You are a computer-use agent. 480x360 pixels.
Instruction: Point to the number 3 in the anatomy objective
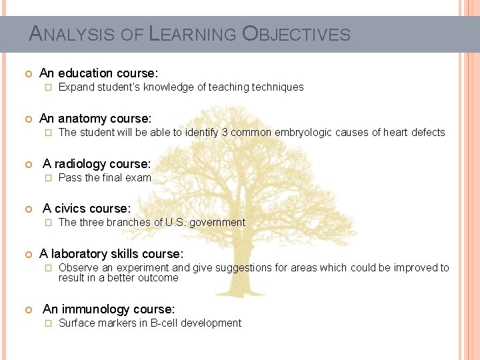point(225,133)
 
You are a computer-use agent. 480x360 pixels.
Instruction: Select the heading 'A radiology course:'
point(97,164)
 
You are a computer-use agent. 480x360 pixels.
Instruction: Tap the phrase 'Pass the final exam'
point(105,178)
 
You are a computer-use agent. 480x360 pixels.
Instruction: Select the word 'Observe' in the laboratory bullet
point(77,268)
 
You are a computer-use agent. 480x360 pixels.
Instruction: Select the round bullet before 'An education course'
point(27,73)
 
